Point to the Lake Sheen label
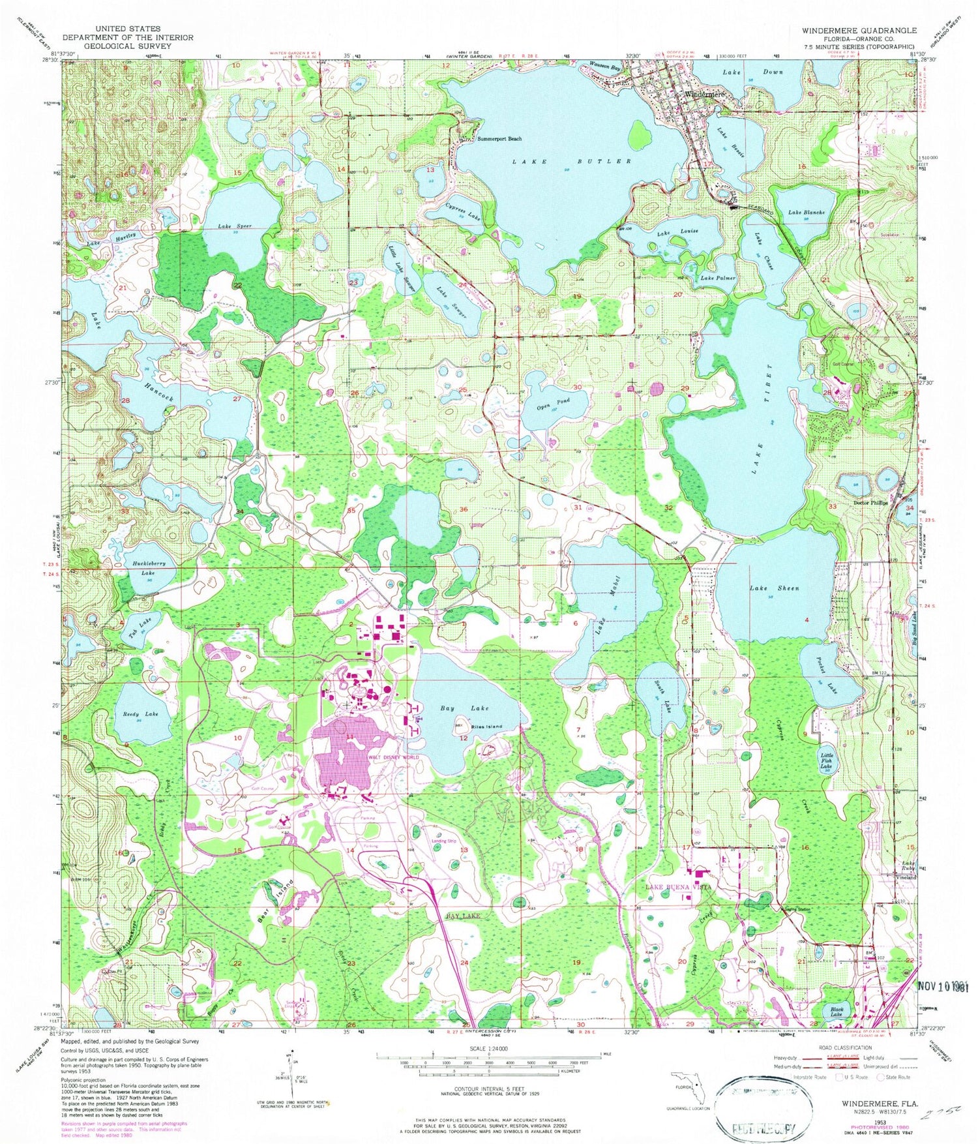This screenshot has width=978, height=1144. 774,588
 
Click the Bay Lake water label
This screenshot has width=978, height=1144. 464,708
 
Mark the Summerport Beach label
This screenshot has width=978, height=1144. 499,139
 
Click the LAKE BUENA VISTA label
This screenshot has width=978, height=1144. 678,888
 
